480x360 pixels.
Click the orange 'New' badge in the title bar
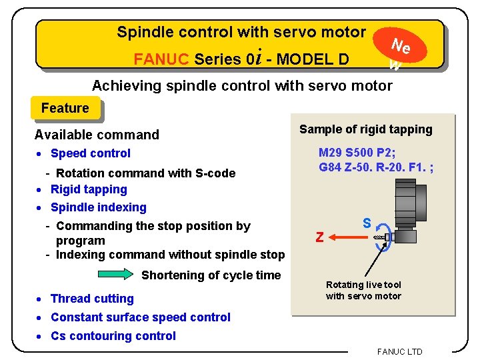click(399, 48)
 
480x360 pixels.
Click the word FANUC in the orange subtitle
click(161, 59)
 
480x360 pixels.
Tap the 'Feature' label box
click(65, 108)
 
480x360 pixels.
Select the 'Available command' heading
click(97, 135)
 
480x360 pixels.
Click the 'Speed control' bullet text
click(90, 153)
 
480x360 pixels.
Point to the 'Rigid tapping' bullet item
click(88, 189)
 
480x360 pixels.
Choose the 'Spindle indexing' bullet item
click(98, 207)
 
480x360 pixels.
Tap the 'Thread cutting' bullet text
click(92, 299)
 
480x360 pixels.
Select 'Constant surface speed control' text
click(140, 317)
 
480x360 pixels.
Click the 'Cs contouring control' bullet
click(113, 336)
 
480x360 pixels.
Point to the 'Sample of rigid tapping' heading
click(365, 129)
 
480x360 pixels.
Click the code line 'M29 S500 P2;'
click(357, 153)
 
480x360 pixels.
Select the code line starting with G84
click(376, 167)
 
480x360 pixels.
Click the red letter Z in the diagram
click(320, 237)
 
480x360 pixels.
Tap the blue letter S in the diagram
click(367, 223)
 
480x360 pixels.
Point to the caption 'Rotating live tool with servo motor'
click(363, 291)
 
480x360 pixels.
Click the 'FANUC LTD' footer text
click(399, 351)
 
